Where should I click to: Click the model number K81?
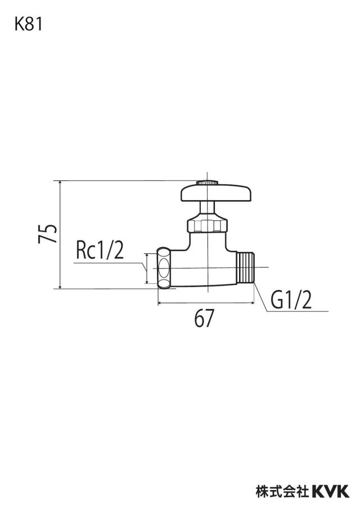(x=29, y=24)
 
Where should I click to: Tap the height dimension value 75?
(x=48, y=233)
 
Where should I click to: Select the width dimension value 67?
(x=204, y=318)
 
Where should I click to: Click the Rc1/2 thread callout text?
(x=100, y=251)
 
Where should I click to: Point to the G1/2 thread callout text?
(x=291, y=300)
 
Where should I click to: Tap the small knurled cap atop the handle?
(x=207, y=183)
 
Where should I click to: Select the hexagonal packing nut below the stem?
(x=207, y=225)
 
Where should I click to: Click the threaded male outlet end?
(x=246, y=267)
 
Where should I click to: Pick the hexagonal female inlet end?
(x=164, y=268)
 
